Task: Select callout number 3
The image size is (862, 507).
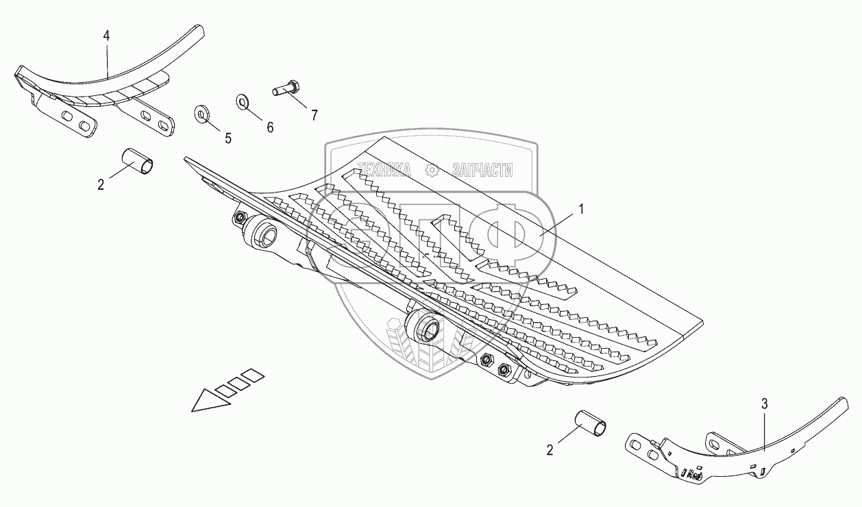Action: (765, 405)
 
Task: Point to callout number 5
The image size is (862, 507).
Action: (227, 138)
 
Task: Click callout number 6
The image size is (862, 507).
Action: (270, 127)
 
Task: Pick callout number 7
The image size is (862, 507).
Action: (315, 115)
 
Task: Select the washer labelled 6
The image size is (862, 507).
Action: (243, 101)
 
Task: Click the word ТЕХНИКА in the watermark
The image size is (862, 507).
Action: (384, 170)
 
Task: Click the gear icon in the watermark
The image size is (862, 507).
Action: (432, 170)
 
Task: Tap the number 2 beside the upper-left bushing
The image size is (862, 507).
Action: (101, 184)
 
